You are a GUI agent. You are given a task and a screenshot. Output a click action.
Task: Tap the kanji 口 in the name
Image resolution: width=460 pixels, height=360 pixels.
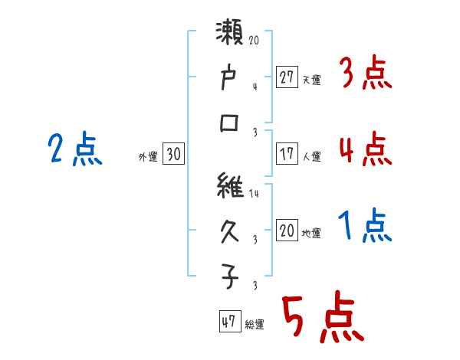coord(231,123)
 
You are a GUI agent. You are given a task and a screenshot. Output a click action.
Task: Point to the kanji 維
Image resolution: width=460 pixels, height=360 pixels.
coord(231,187)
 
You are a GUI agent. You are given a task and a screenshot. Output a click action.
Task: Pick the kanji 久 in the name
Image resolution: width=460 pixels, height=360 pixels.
coord(231,231)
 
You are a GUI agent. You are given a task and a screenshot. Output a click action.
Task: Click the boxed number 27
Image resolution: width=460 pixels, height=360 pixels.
coord(287,77)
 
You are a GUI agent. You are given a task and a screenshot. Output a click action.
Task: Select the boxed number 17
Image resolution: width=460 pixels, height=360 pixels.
coord(287,154)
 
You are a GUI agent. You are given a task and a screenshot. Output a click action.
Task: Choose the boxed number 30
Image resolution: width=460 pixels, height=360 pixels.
coord(173,154)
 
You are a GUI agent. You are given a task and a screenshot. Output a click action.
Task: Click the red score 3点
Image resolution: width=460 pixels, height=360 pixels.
coord(364,75)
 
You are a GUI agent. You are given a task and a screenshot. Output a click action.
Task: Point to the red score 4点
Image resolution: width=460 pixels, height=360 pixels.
coord(364,149)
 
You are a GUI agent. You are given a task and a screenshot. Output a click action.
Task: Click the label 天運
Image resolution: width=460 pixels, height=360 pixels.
coord(311,80)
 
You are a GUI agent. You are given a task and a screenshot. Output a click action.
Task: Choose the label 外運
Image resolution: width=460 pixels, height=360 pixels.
coord(148,156)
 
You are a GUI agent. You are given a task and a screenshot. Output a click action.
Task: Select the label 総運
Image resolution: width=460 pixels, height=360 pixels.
coord(255,325)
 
